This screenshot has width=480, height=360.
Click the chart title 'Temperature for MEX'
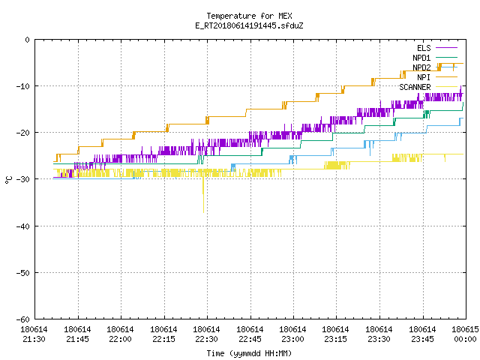(x=249, y=16)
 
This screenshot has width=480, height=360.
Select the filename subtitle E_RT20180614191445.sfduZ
(x=249, y=25)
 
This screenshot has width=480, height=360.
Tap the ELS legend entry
(x=436, y=48)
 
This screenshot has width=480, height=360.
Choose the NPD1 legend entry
(x=435, y=58)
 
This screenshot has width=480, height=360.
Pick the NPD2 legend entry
(x=435, y=67)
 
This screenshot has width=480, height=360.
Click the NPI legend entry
(x=436, y=77)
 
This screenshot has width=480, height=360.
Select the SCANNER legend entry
(x=428, y=87)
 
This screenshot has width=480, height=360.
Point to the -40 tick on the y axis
(x=23, y=226)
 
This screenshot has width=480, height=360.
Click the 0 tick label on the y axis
(x=28, y=40)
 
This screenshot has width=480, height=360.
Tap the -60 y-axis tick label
(x=23, y=319)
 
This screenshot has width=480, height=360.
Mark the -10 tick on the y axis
(x=23, y=86)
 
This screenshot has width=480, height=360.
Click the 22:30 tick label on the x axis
(x=206, y=334)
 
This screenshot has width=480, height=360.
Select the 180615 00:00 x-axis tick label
(x=465, y=334)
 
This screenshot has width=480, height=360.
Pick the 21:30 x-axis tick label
(x=34, y=334)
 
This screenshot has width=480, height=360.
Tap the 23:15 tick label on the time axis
(x=335, y=334)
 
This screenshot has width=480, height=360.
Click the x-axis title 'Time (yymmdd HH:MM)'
(x=249, y=353)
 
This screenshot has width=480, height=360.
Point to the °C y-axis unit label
(x=8, y=180)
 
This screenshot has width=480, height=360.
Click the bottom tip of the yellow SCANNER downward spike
(x=203, y=212)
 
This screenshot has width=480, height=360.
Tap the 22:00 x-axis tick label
(x=120, y=334)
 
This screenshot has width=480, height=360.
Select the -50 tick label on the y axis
(x=23, y=273)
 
